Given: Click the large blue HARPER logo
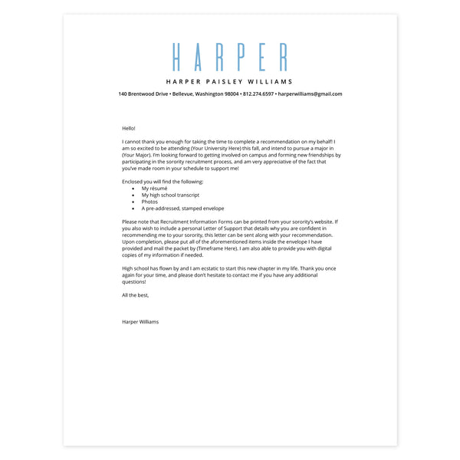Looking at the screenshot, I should [x=230, y=58].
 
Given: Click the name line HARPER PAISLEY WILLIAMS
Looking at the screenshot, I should [x=230, y=81].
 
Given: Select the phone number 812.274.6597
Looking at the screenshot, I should [x=258, y=94].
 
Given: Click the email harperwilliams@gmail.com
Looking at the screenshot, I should [x=310, y=94].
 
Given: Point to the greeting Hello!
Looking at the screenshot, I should [x=128, y=128].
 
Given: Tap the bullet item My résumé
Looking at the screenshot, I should [x=154, y=188].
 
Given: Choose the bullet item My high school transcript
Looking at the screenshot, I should [x=170, y=195].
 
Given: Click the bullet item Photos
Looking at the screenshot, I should [x=149, y=202].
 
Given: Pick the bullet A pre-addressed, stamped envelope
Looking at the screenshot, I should [x=182, y=209].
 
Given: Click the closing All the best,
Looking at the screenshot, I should [x=135, y=295].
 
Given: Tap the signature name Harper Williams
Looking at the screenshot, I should [x=140, y=322].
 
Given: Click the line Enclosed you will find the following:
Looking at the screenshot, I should [x=163, y=182].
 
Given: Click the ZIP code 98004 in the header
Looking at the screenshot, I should [x=232, y=94].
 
